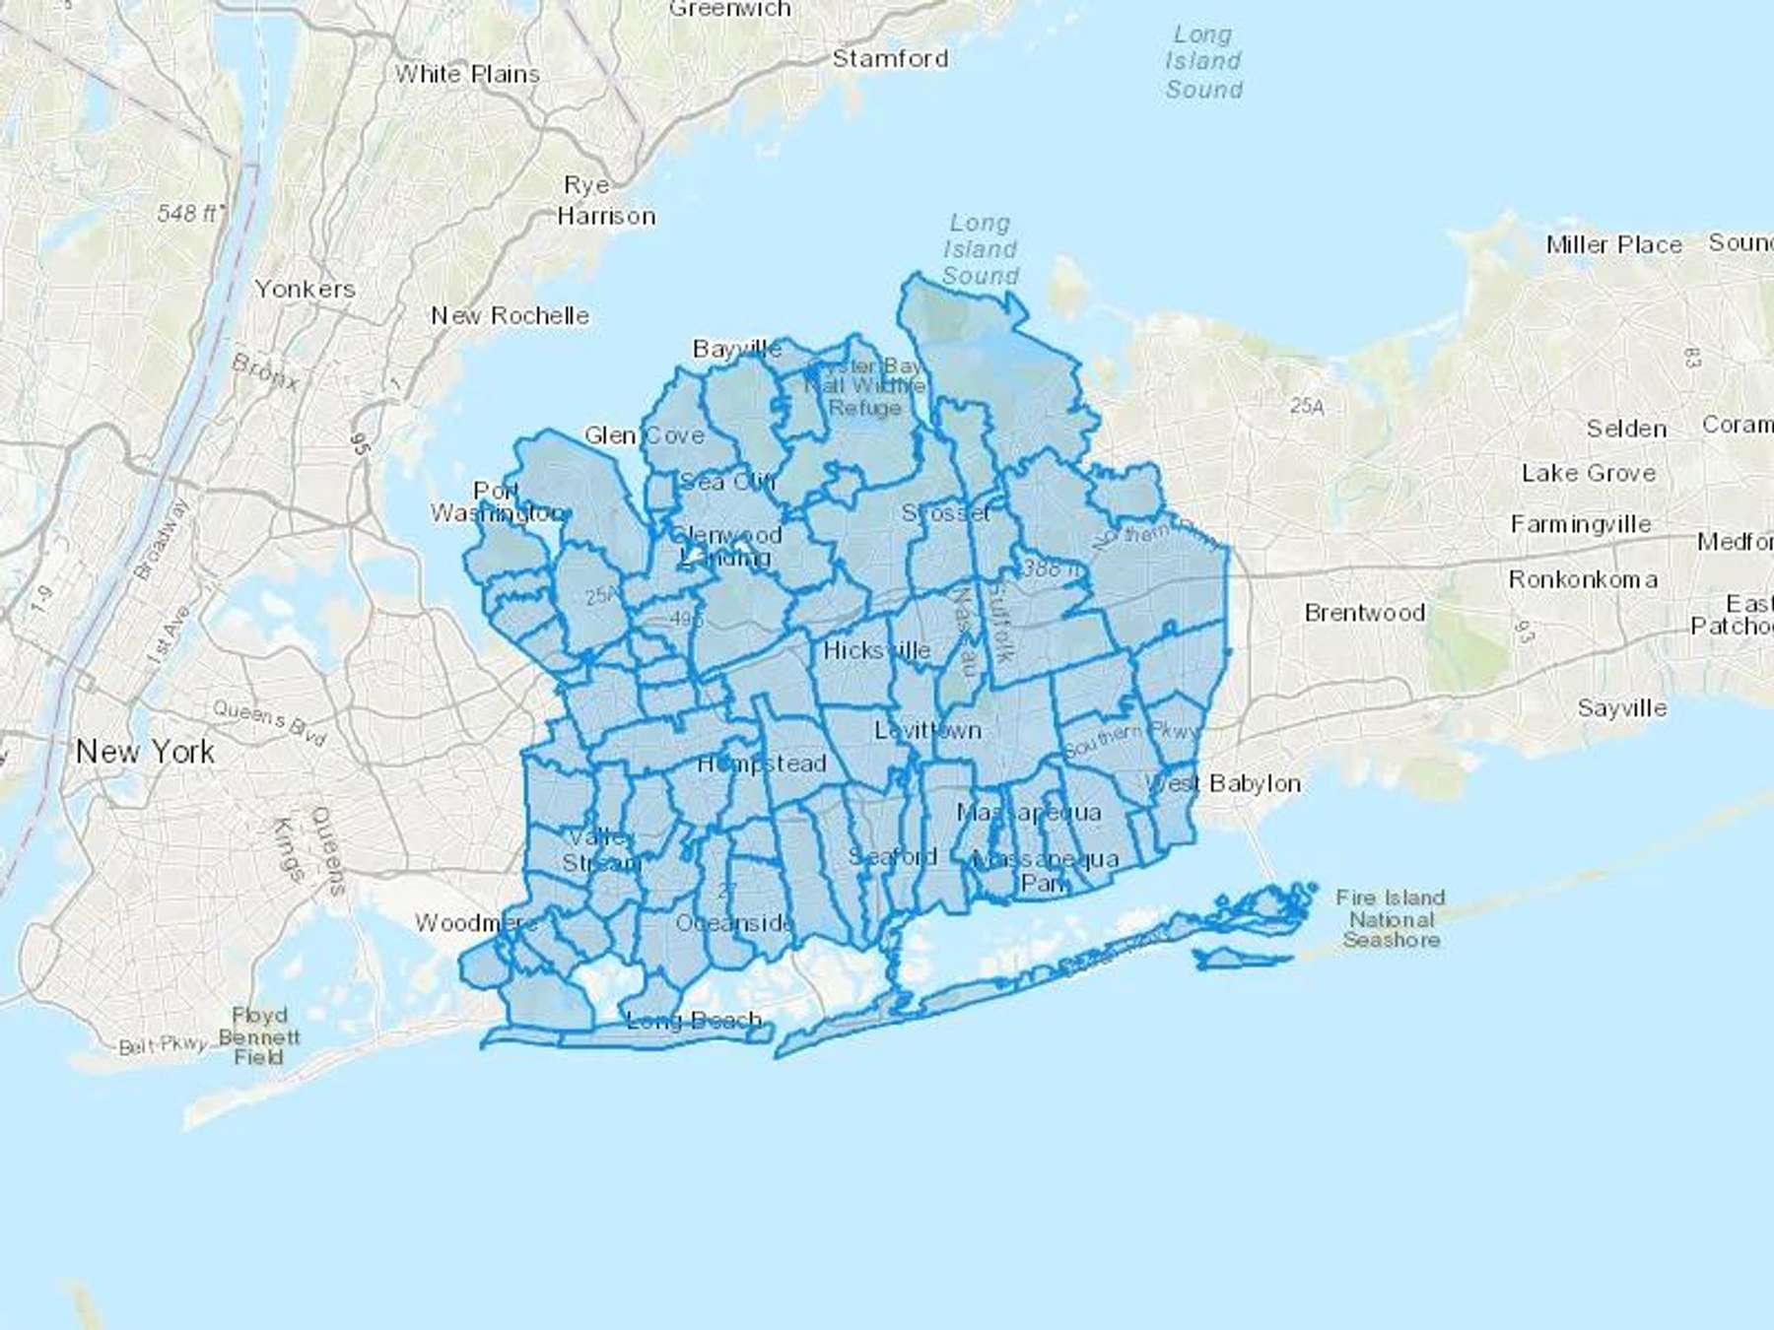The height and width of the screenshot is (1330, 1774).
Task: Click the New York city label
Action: click(x=145, y=752)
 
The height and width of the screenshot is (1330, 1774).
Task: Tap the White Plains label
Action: click(x=467, y=74)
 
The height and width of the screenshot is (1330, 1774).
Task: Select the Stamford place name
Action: click(x=890, y=58)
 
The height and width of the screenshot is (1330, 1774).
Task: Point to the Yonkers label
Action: click(x=305, y=289)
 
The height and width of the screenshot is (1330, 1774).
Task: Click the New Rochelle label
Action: click(x=510, y=315)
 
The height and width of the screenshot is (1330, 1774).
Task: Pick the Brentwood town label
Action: click(x=1364, y=612)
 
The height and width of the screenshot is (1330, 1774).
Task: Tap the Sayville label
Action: click(x=1621, y=707)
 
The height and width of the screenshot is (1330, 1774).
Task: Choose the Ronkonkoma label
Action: click(x=1582, y=579)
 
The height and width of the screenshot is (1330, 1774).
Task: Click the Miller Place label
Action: click(x=1613, y=244)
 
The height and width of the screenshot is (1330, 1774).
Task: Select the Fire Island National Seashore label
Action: click(x=1390, y=918)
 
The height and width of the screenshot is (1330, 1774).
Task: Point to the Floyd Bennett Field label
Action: click(x=259, y=1035)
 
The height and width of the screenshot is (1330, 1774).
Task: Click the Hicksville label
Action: click(x=876, y=650)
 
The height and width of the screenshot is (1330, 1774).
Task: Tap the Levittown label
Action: click(x=927, y=730)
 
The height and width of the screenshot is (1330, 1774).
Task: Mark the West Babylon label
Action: click(x=1222, y=783)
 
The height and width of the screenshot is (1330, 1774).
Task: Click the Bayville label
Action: click(x=736, y=349)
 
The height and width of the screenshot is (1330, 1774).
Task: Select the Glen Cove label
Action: click(x=644, y=434)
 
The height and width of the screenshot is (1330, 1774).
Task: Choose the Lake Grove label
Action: click(x=1588, y=473)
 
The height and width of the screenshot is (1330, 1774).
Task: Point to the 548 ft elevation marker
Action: click(x=190, y=213)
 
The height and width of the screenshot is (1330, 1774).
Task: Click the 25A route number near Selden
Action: click(x=1307, y=405)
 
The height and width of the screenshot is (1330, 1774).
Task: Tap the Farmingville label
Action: click(x=1580, y=524)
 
